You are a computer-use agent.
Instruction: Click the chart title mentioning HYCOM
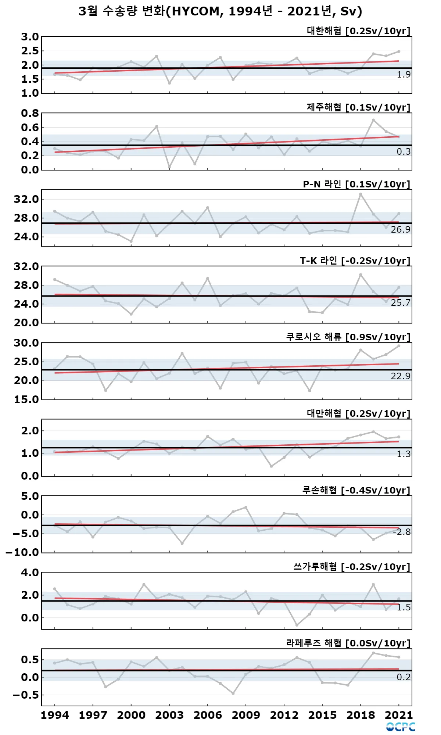220,11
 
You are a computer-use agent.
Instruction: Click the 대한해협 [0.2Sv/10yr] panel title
358,31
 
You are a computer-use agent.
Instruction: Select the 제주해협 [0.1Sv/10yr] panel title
358,107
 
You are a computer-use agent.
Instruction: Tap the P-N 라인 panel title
356,184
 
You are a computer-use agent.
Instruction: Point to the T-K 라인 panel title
355,261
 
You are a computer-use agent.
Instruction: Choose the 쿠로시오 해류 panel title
348,337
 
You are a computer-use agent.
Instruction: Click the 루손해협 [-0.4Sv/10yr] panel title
356,490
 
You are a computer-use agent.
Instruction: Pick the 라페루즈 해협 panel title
348,643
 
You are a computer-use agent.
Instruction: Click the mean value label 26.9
400,230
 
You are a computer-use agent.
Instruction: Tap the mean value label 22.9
400,376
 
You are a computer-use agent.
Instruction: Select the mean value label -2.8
402,532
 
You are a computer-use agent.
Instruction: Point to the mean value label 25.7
400,302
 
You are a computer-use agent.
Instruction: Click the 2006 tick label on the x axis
208,715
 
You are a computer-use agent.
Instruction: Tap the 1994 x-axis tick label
55,715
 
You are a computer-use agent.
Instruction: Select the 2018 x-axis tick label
361,715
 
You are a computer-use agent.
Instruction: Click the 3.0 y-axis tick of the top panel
30,37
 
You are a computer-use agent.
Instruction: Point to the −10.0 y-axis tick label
22,552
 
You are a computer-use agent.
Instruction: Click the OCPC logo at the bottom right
400,727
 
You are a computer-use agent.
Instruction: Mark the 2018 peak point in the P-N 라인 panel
361,194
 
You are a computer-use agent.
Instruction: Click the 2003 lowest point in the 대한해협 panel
169,83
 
